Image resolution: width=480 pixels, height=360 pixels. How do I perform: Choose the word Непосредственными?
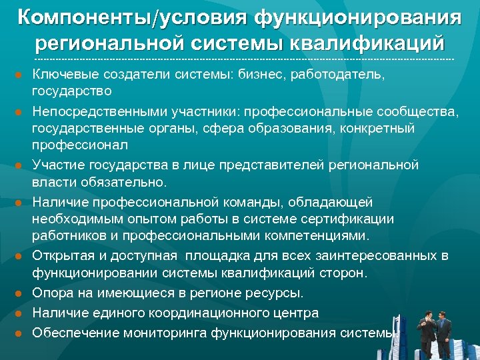coord(93,111)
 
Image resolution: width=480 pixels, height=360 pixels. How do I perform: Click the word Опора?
coord(51,293)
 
